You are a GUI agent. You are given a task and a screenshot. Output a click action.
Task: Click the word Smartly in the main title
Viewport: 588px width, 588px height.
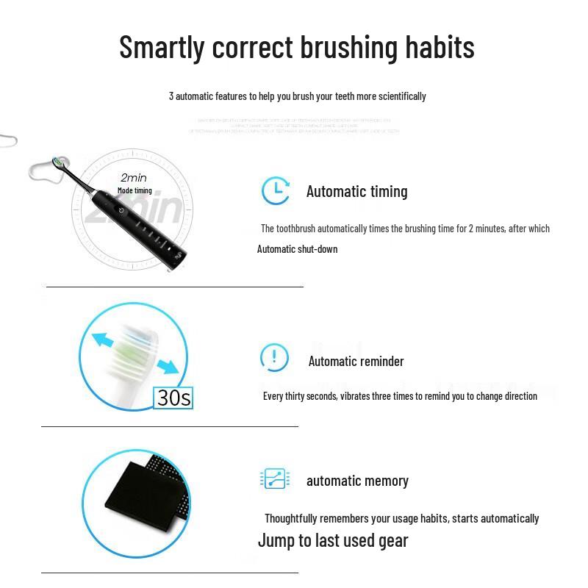point(162,48)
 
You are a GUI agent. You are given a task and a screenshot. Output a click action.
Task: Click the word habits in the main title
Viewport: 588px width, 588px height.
point(440,48)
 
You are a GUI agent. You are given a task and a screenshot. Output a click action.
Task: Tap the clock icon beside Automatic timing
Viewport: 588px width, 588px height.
point(276,191)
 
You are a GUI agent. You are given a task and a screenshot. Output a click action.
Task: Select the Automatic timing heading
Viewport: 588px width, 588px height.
point(356,192)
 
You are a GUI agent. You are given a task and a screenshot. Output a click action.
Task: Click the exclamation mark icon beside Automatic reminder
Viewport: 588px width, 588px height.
point(274,358)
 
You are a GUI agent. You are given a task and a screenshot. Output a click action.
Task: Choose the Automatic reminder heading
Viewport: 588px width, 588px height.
point(356,361)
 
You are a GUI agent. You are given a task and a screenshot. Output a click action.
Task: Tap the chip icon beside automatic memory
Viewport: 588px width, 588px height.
point(275,478)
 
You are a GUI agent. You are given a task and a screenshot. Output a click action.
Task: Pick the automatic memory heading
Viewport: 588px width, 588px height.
point(357,481)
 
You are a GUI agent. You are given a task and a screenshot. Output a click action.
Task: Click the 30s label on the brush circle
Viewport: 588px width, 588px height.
point(174,398)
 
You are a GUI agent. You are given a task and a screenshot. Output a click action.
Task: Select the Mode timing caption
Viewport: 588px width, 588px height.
point(135,191)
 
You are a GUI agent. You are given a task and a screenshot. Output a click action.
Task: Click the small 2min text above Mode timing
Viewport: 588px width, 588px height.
point(134,178)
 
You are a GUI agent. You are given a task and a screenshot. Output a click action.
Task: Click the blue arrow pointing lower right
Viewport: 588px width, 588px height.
point(167,365)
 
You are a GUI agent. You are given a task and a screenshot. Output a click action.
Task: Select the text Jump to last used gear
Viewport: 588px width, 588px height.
point(332,541)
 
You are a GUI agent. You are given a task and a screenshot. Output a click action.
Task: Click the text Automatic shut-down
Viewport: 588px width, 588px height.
point(297,249)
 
